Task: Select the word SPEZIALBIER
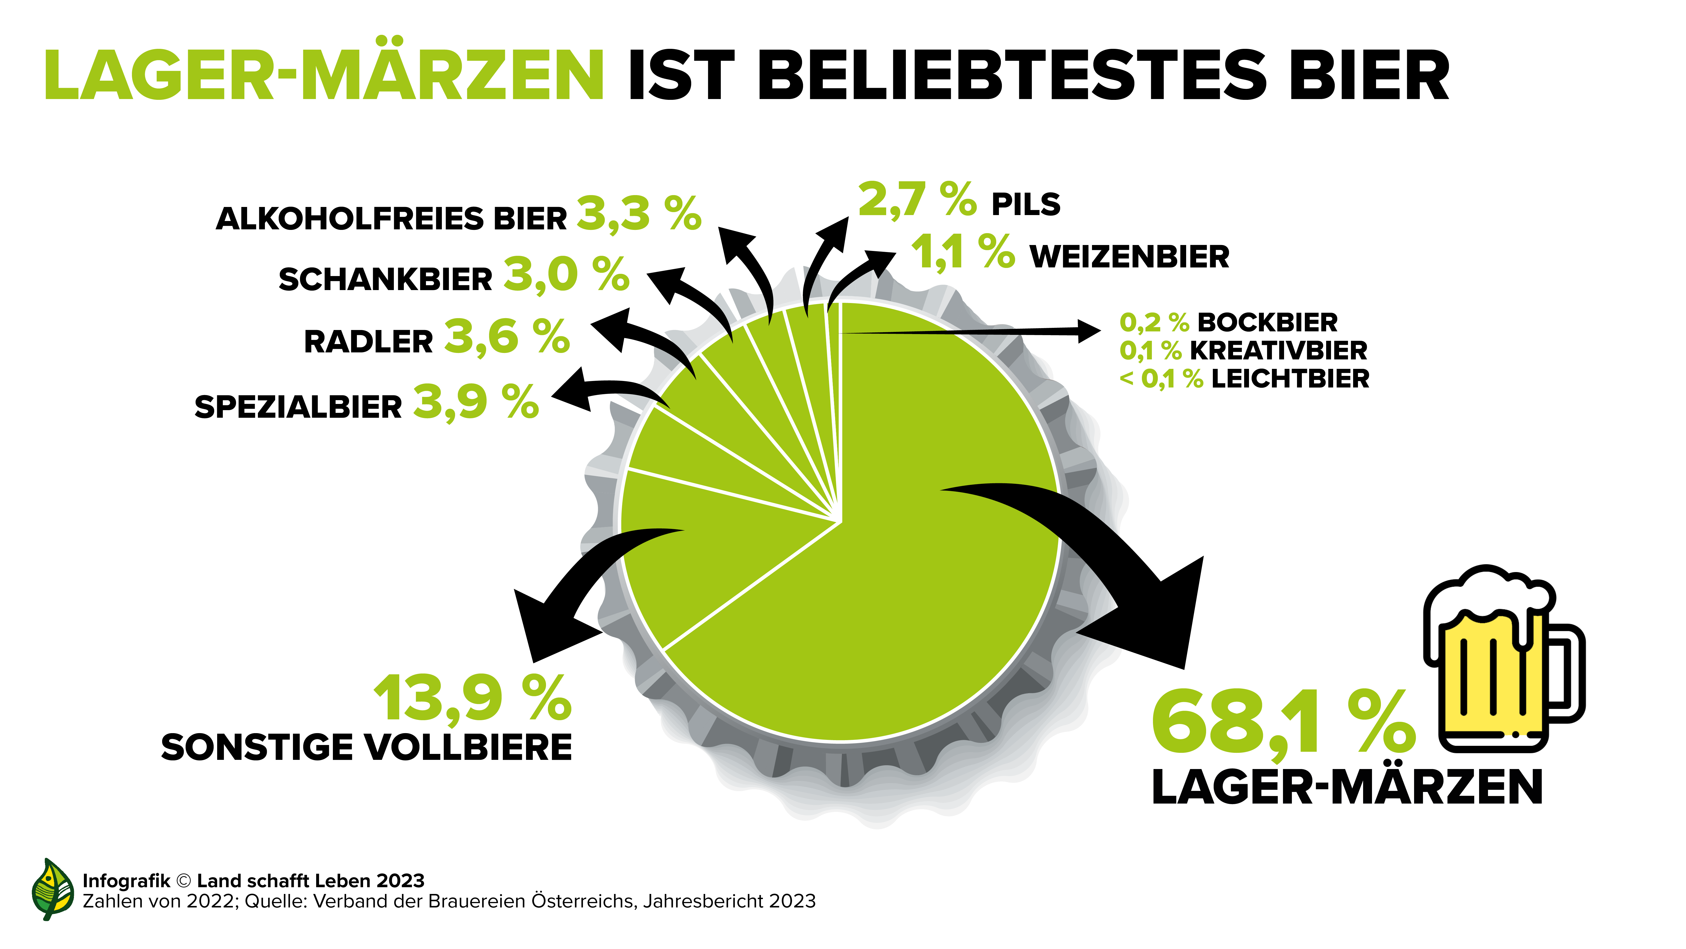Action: [298, 407]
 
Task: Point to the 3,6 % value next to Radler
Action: [507, 337]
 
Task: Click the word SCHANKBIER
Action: [385, 280]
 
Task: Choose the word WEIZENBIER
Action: [1129, 257]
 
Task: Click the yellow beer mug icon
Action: [1499, 661]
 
